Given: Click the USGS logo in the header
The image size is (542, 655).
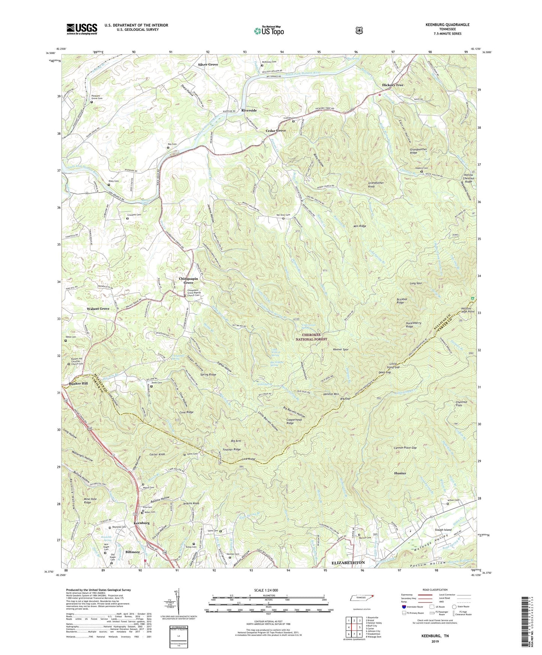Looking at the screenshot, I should tap(82, 29).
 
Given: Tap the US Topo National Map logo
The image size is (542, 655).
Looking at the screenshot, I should tap(269, 31).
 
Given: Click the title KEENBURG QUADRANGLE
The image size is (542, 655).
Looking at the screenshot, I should tap(447, 25).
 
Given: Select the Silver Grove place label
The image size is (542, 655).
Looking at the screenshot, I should tap(208, 65).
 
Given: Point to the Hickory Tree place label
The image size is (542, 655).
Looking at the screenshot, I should tap(392, 85).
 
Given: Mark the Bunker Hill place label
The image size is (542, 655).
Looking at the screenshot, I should tap(78, 384).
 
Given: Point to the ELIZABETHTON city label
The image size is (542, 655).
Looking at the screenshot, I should tap(348, 563).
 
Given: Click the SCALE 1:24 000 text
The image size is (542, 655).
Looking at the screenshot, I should tap(266, 590).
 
